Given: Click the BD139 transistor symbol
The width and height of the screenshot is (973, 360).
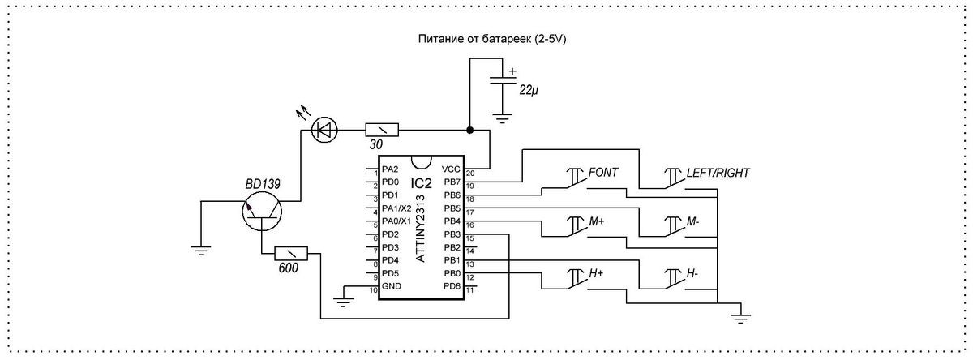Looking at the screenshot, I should pos(262,212).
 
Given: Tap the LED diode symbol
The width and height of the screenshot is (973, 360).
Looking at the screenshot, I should pos(327,129).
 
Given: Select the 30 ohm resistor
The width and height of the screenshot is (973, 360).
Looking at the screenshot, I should pos(381,130).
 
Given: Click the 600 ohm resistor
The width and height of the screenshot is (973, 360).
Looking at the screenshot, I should pos(291,253).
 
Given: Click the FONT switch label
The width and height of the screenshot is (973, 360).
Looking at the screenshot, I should pos(604,173).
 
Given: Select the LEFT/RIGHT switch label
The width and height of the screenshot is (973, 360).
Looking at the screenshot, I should pos(718,173).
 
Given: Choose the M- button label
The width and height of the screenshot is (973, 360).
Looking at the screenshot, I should pos(692,221).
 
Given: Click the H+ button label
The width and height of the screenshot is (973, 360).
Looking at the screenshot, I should pos(596,274).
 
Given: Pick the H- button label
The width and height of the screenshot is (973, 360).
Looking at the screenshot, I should pos(692,274).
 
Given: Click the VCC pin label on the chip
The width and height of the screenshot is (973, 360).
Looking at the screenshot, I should pos(451,169).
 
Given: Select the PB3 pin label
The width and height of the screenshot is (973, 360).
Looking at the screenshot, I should pos(452,234).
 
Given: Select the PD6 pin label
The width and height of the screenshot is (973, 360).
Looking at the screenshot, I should pos(452,286).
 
